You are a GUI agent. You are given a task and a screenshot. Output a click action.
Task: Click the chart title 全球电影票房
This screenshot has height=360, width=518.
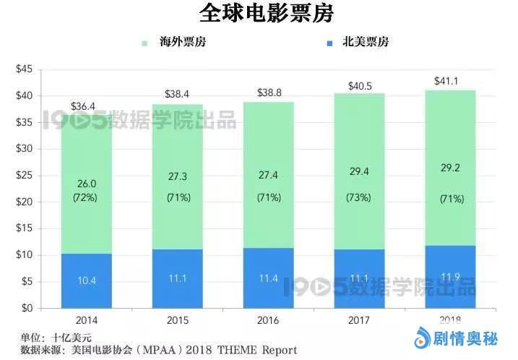259,14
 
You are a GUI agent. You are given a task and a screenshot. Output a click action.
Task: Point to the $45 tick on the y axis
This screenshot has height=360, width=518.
25,69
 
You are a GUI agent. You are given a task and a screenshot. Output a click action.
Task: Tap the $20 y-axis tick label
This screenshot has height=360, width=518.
25,202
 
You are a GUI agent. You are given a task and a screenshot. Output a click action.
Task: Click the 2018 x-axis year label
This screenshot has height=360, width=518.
449,319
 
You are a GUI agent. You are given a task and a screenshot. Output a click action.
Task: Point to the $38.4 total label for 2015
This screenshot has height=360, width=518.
176,95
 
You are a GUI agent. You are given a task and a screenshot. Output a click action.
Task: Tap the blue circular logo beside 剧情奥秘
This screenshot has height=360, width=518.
421,338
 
